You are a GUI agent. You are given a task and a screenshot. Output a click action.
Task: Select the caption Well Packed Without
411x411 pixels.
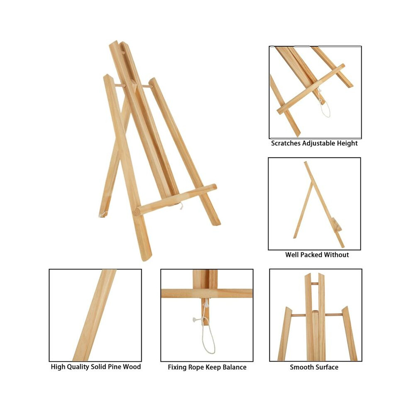[317, 255]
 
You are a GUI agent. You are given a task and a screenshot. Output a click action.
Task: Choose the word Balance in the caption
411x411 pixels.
[234, 367]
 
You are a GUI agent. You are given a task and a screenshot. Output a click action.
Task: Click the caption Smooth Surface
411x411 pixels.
[314, 367]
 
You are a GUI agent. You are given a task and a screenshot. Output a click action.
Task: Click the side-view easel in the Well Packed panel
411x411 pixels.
[319, 204]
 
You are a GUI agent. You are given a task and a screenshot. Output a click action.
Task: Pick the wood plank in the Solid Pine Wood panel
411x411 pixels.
[95, 315]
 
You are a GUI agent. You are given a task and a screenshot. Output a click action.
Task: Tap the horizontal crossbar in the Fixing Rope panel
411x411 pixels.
[207, 294]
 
